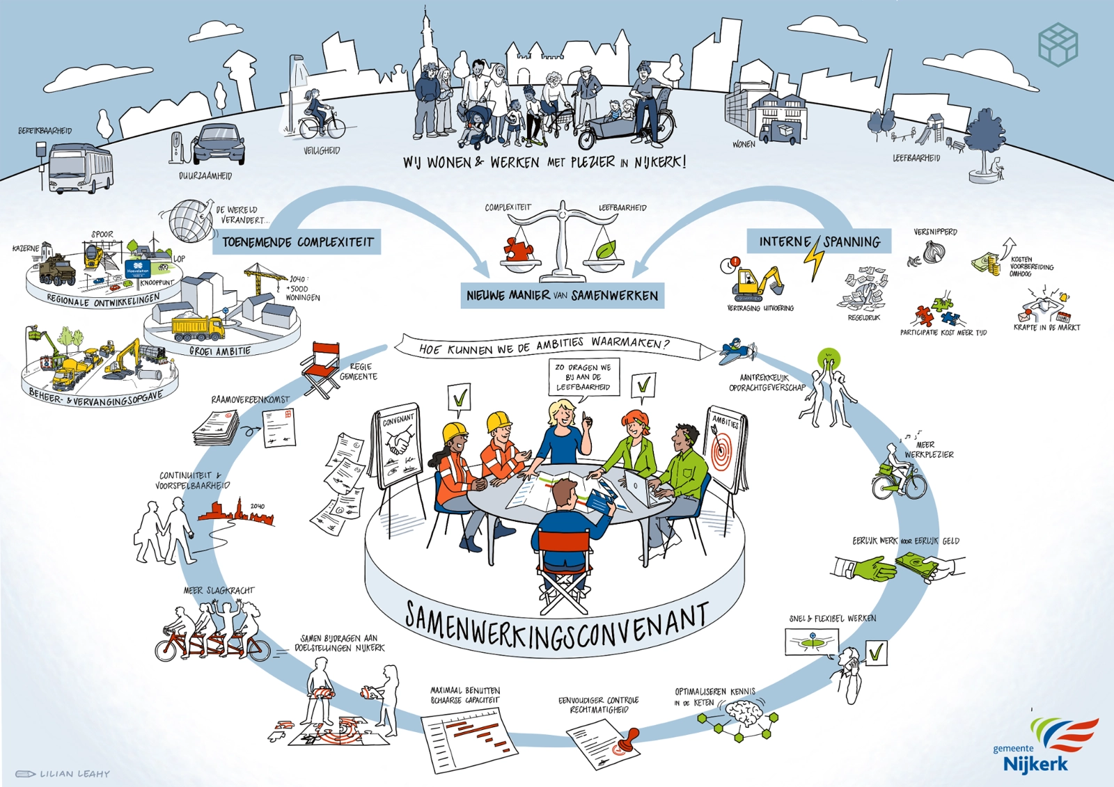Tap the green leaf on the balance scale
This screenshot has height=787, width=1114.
point(603,248)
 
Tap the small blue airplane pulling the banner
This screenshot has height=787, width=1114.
point(737,350)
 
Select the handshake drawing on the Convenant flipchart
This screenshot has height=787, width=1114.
point(399,443)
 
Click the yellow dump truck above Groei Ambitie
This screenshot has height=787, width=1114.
point(197,327)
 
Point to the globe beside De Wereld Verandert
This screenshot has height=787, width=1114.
point(189,220)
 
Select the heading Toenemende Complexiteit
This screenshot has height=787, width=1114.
point(297,242)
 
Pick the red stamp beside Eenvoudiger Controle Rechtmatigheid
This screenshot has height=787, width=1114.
point(629,739)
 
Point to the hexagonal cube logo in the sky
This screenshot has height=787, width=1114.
point(1058,44)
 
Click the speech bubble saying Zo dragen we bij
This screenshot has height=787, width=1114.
point(583,377)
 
